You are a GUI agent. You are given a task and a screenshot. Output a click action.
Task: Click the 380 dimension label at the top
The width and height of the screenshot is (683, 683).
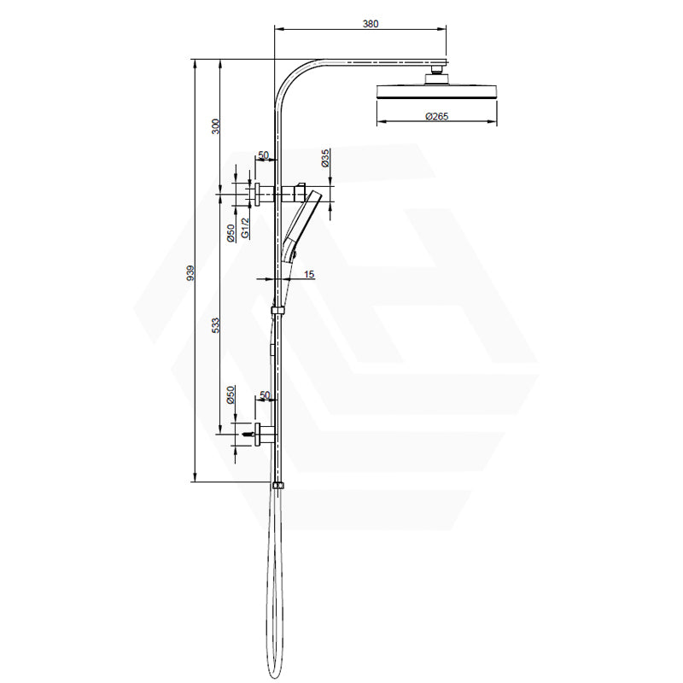click(x=370, y=24)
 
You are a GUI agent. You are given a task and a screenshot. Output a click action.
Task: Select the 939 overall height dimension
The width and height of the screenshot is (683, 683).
click(x=190, y=272)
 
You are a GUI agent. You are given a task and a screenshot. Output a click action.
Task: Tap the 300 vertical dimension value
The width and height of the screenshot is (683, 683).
click(x=216, y=126)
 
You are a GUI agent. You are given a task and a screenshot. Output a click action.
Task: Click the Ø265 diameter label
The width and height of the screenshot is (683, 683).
click(x=437, y=118)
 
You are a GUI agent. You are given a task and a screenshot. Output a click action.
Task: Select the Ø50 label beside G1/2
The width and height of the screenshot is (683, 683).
click(x=230, y=232)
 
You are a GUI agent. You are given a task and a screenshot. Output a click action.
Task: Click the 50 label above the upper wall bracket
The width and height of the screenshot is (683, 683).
click(x=263, y=156)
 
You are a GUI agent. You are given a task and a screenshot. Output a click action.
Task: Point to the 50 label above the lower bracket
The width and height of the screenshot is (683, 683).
click(x=263, y=395)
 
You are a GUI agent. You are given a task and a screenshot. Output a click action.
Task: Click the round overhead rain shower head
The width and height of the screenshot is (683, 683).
click(x=437, y=91)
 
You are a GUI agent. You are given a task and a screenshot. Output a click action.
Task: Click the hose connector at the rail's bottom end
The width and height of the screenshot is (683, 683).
click(x=277, y=486)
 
